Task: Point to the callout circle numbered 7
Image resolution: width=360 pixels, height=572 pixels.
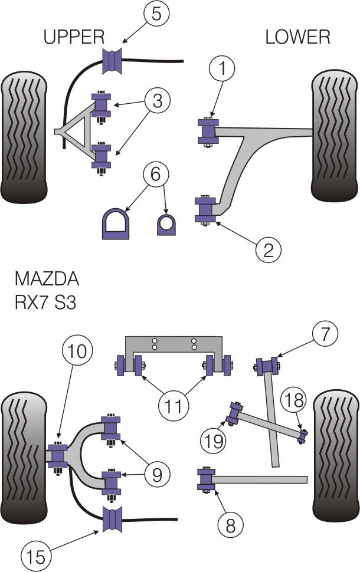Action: (x=325, y=334)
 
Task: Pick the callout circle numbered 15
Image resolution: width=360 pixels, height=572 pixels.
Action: (x=35, y=555)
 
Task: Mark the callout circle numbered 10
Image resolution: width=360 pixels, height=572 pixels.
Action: (x=77, y=352)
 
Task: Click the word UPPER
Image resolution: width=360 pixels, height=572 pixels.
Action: (x=74, y=38)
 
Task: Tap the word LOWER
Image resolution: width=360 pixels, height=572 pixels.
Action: (x=297, y=38)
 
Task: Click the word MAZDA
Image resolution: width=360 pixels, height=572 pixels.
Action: (x=47, y=278)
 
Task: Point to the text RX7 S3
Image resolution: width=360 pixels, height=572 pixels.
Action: (x=45, y=303)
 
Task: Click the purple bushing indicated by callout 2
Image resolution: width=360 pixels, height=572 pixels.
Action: (x=206, y=210)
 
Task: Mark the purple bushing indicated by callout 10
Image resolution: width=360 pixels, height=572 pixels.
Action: (x=57, y=455)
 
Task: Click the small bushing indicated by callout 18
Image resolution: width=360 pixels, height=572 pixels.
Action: (x=303, y=437)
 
